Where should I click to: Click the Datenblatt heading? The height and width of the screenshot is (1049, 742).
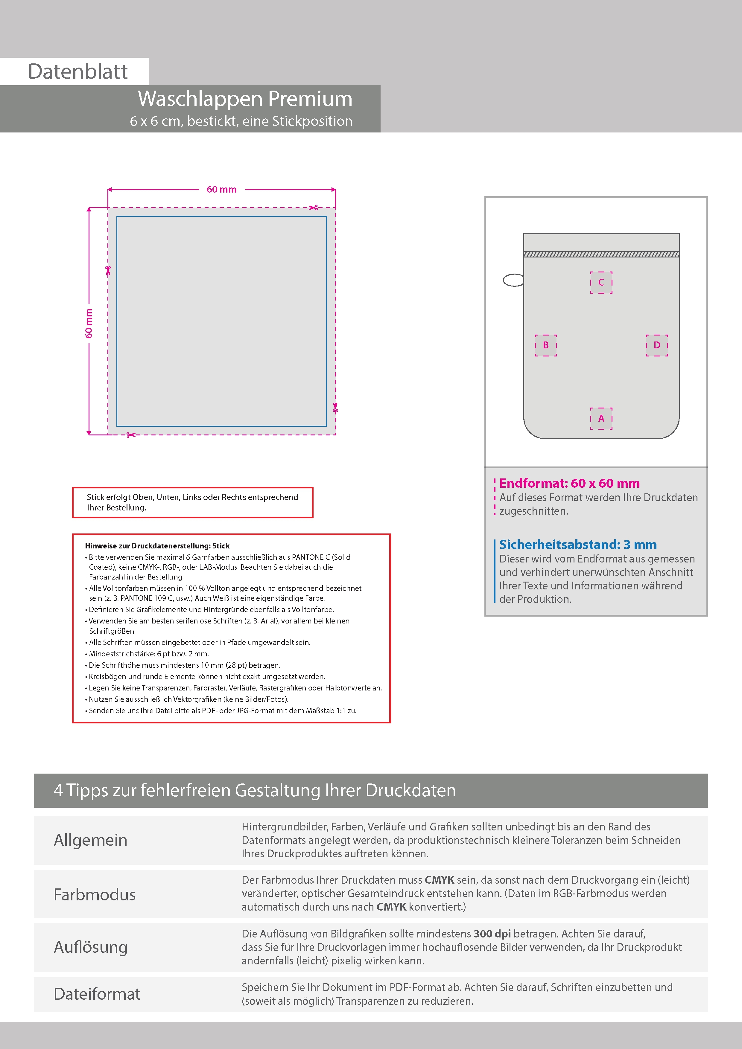coord(78,72)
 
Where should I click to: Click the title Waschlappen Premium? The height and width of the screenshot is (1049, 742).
coord(245,99)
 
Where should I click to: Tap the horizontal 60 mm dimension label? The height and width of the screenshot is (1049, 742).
coord(221,189)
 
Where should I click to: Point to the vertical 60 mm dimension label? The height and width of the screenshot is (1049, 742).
coord(89,324)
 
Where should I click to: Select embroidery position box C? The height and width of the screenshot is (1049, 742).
coord(601,282)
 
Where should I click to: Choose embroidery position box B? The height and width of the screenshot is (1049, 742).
coord(546,345)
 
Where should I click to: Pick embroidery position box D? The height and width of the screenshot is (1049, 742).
coord(657,345)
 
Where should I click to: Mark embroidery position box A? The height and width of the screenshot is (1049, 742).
coord(601,418)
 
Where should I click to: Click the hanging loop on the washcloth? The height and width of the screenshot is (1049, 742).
coord(513,280)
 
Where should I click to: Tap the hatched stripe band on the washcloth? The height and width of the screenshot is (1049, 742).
coord(601,254)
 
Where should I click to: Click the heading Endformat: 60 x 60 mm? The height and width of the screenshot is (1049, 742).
coord(569,483)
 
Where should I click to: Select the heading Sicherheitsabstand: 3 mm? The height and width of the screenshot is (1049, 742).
coord(578,544)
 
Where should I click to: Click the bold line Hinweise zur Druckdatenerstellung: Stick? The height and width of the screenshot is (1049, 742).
coord(157,545)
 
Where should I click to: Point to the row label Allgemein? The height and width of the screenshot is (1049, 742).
coord(91,840)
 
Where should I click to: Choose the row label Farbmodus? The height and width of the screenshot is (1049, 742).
coord(95,894)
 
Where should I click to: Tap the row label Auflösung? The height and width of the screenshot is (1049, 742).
coord(91,947)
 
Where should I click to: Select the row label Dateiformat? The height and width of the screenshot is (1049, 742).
coord(97,994)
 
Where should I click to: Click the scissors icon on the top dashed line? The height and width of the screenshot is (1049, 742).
coord(313,208)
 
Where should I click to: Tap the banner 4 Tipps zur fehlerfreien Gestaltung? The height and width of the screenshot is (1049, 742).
coord(255,790)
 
